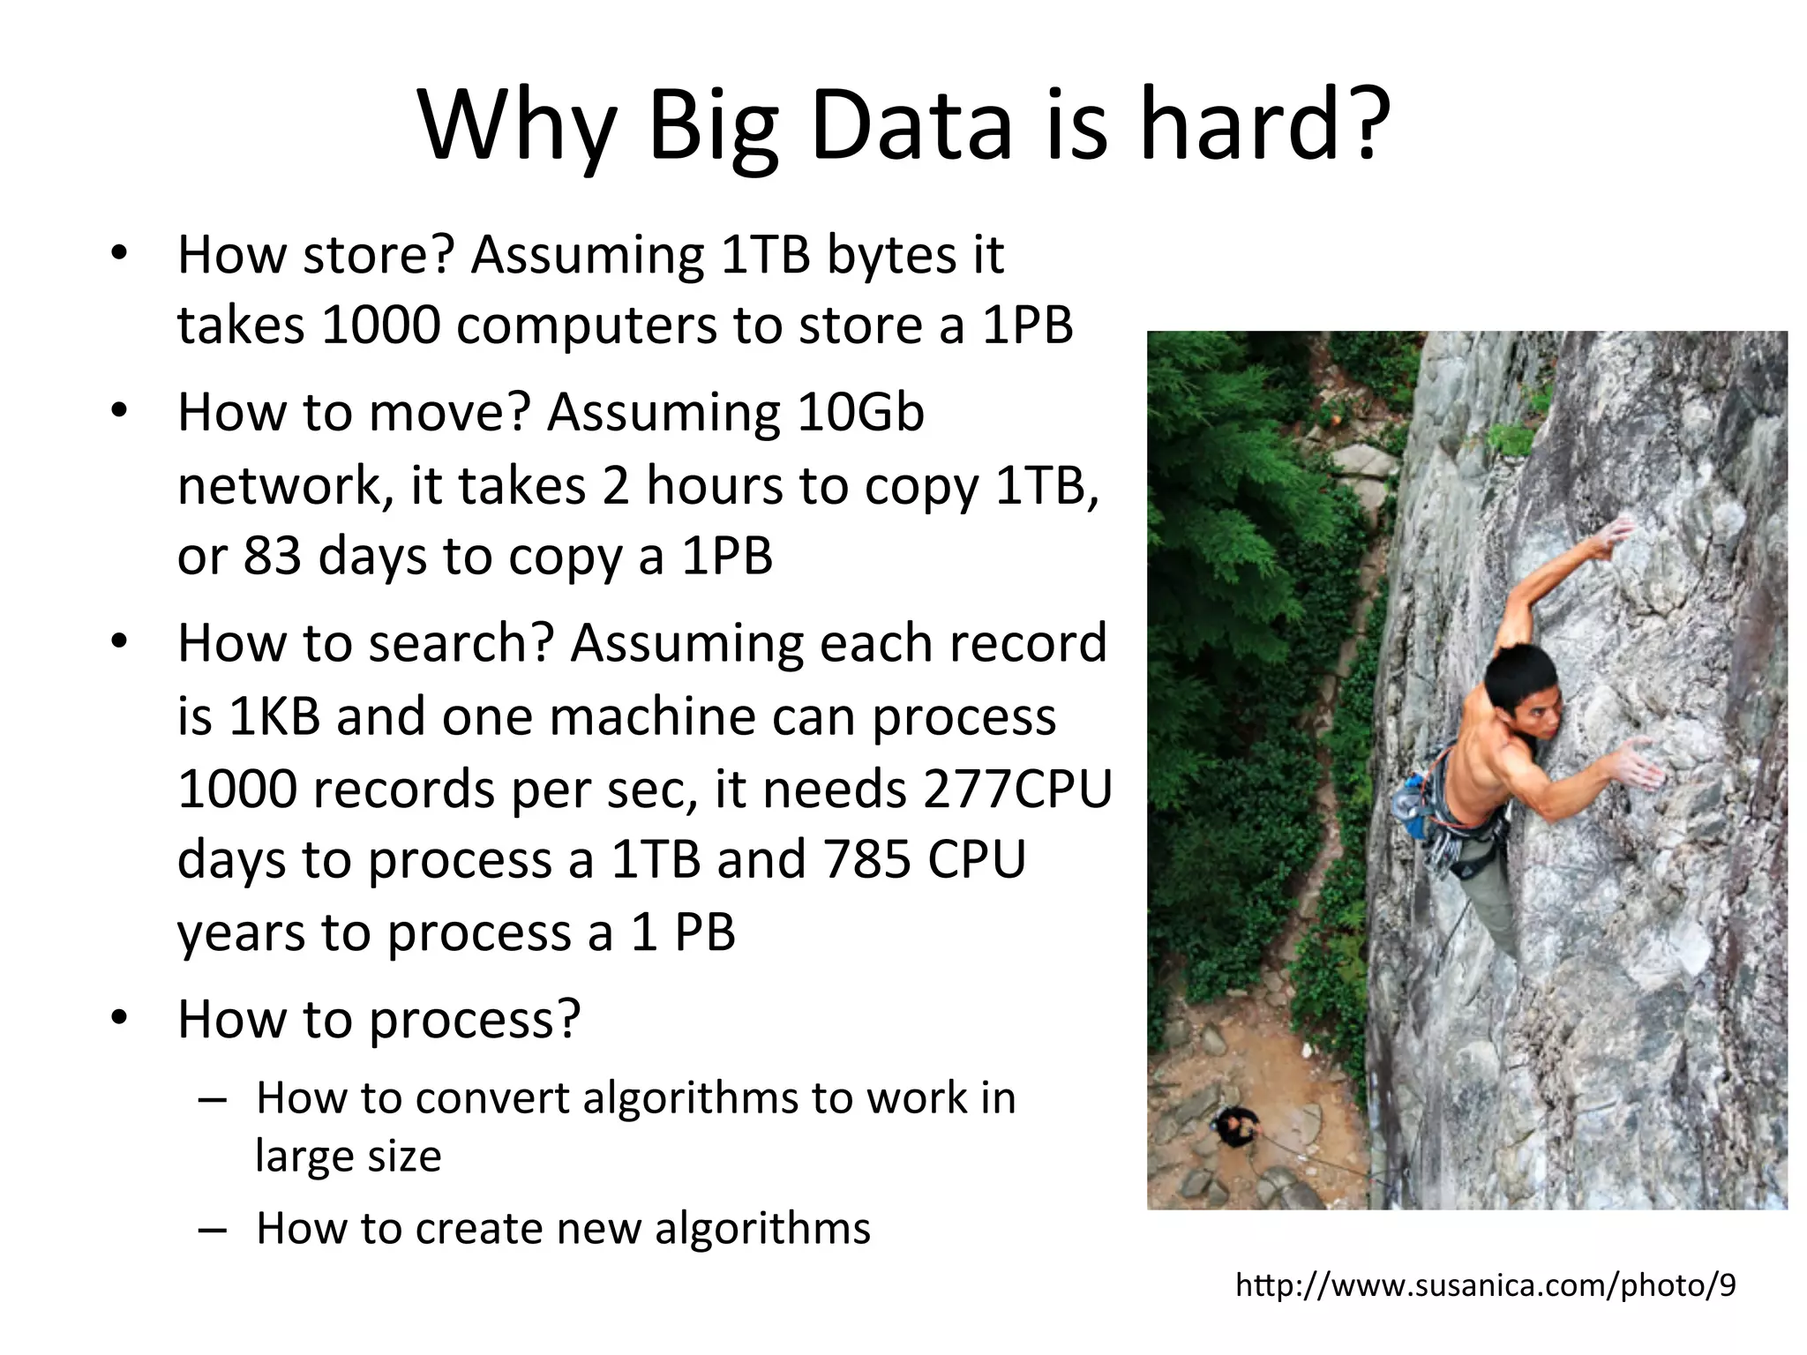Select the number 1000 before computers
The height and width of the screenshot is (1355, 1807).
pyautogui.click(x=380, y=325)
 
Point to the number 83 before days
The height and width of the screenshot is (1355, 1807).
pyautogui.click(x=272, y=556)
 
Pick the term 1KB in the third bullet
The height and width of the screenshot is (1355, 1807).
pyautogui.click(x=274, y=715)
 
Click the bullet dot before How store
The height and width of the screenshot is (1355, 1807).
pyautogui.click(x=120, y=255)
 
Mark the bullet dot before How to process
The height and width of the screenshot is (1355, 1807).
pyautogui.click(x=120, y=1020)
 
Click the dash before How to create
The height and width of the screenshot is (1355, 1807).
pyautogui.click(x=213, y=1229)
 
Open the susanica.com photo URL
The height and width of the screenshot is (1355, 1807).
pyautogui.click(x=1485, y=1285)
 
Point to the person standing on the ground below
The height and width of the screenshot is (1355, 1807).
pyautogui.click(x=1235, y=1127)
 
